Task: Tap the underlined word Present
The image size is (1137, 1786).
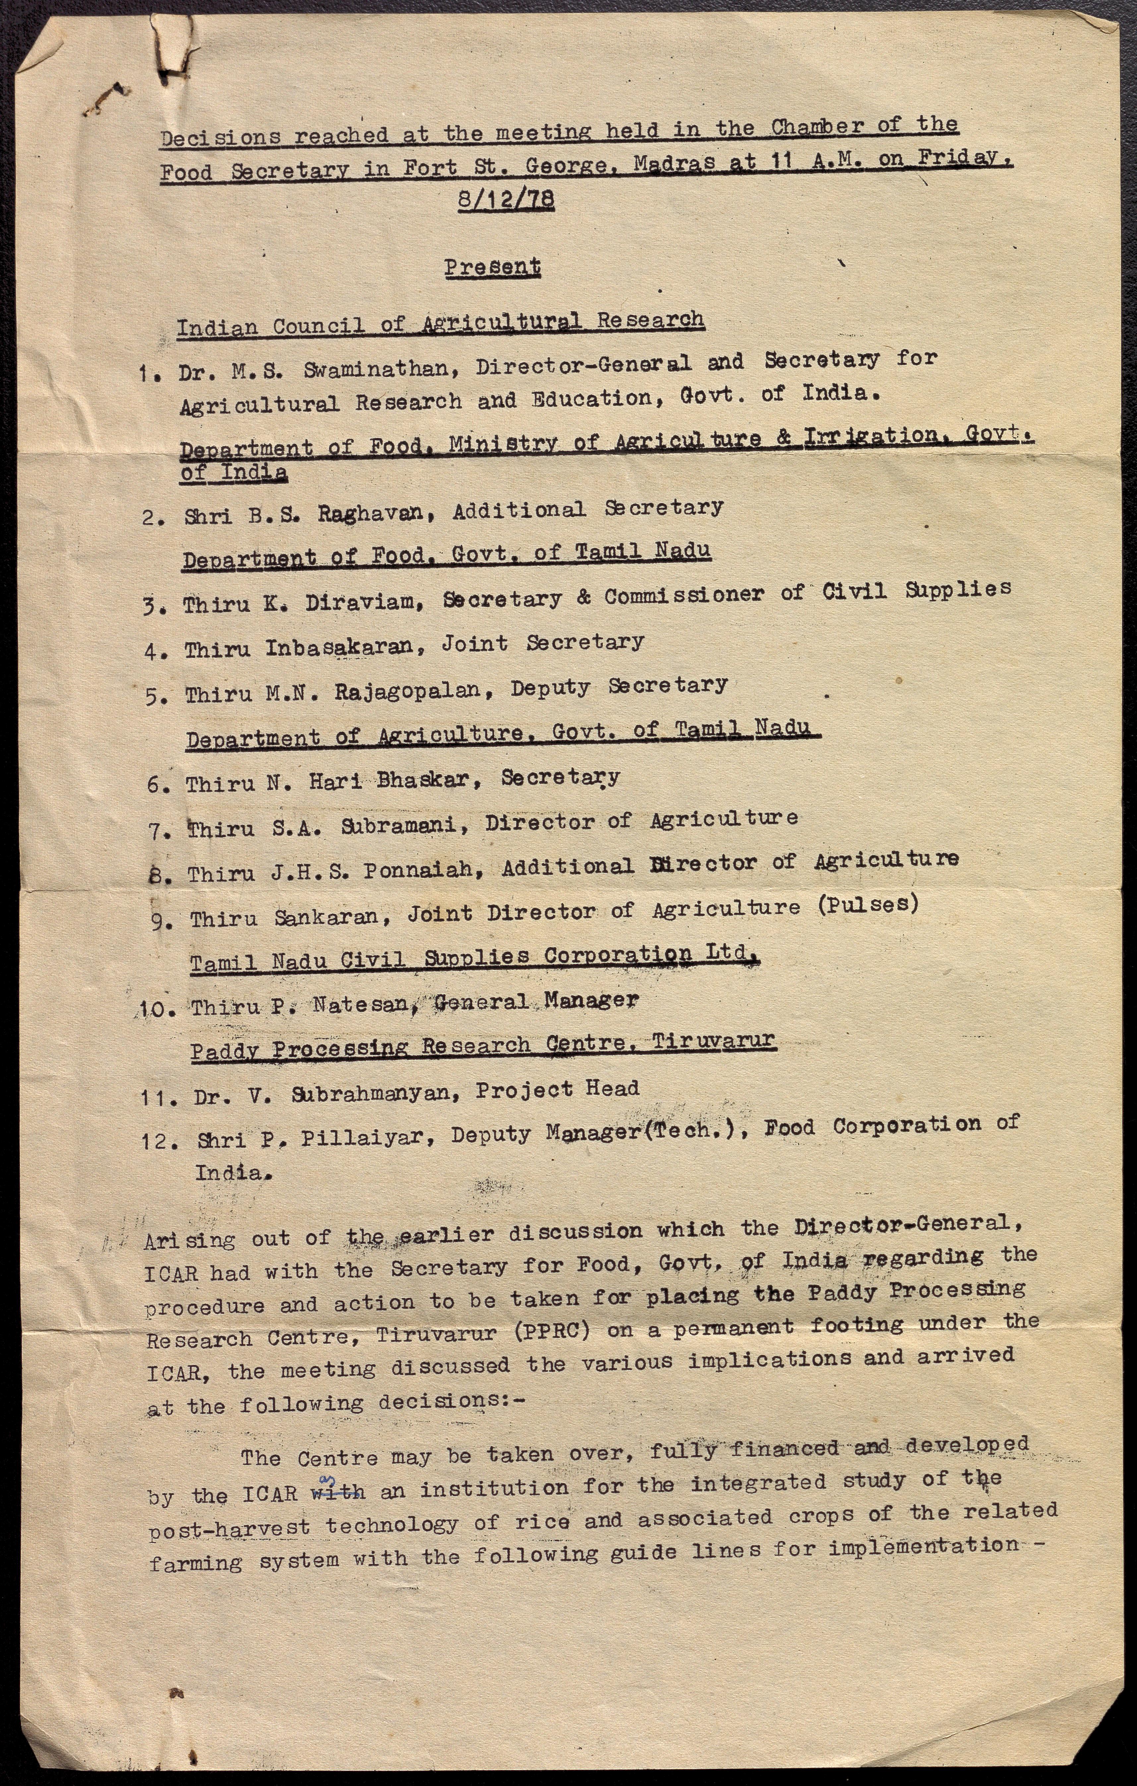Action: coord(493,267)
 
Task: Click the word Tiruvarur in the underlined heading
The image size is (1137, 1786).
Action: coord(714,1042)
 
